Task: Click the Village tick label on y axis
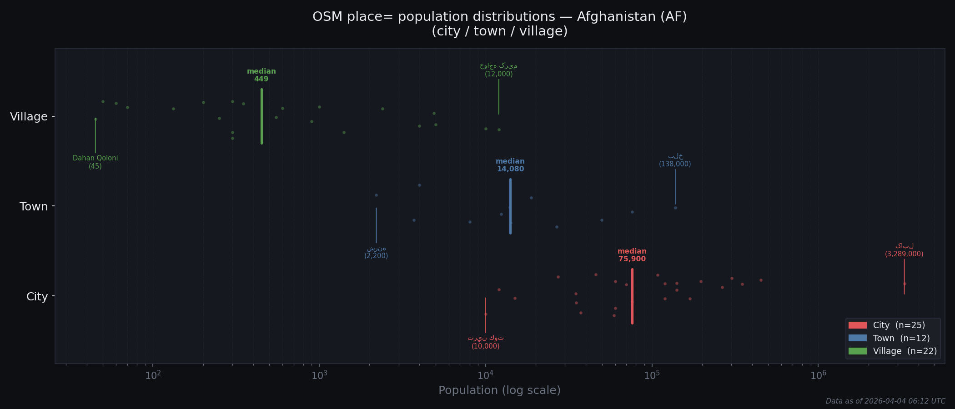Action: [29, 117]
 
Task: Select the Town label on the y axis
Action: [34, 207]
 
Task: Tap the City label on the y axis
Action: [37, 297]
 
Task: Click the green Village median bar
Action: [261, 116]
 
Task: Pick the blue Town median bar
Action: [510, 206]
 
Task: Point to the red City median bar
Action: [632, 296]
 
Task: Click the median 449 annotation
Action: [261, 75]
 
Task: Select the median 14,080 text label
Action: [510, 165]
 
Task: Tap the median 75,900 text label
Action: [632, 255]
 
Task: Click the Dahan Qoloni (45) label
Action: [95, 162]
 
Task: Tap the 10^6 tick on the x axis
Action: [818, 375]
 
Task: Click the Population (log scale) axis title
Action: [499, 390]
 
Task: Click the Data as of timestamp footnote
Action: [885, 401]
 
